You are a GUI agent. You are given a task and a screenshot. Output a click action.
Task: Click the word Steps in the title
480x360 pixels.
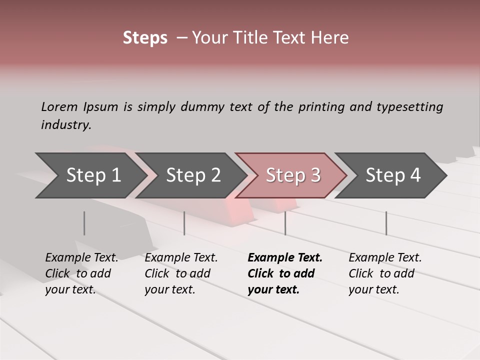(145, 38)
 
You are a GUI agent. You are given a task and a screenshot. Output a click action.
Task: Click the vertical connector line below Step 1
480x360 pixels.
(84, 223)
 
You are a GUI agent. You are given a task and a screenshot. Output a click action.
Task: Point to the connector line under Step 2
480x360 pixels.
(184, 223)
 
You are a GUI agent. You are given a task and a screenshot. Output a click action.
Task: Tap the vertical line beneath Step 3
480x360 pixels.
(285, 223)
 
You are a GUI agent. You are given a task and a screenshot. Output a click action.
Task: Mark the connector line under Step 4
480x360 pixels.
(386, 223)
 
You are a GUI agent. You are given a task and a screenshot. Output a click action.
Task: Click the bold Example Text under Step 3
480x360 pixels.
(285, 257)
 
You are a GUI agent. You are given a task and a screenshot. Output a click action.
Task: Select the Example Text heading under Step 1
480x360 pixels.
(81, 257)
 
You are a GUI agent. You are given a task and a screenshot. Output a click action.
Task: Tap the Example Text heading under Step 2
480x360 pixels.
(181, 257)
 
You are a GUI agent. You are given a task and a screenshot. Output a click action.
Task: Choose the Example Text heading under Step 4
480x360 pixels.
(385, 257)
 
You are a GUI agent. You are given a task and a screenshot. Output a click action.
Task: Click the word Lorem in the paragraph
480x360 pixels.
(59, 106)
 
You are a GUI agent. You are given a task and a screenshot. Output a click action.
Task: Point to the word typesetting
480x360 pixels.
(409, 106)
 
